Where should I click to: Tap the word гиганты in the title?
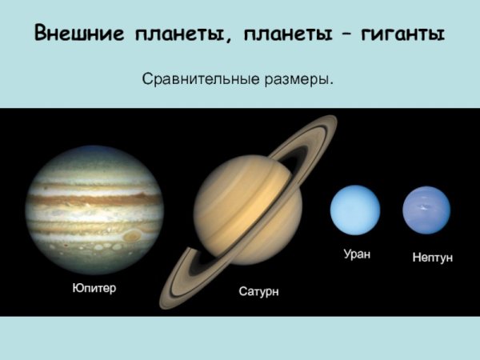click(400, 34)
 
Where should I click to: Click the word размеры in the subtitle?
click(297, 80)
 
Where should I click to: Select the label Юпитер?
click(94, 288)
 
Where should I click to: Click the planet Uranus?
click(355, 210)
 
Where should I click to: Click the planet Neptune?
click(426, 210)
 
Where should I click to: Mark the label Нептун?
click(432, 258)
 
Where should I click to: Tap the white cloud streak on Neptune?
click(422, 208)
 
